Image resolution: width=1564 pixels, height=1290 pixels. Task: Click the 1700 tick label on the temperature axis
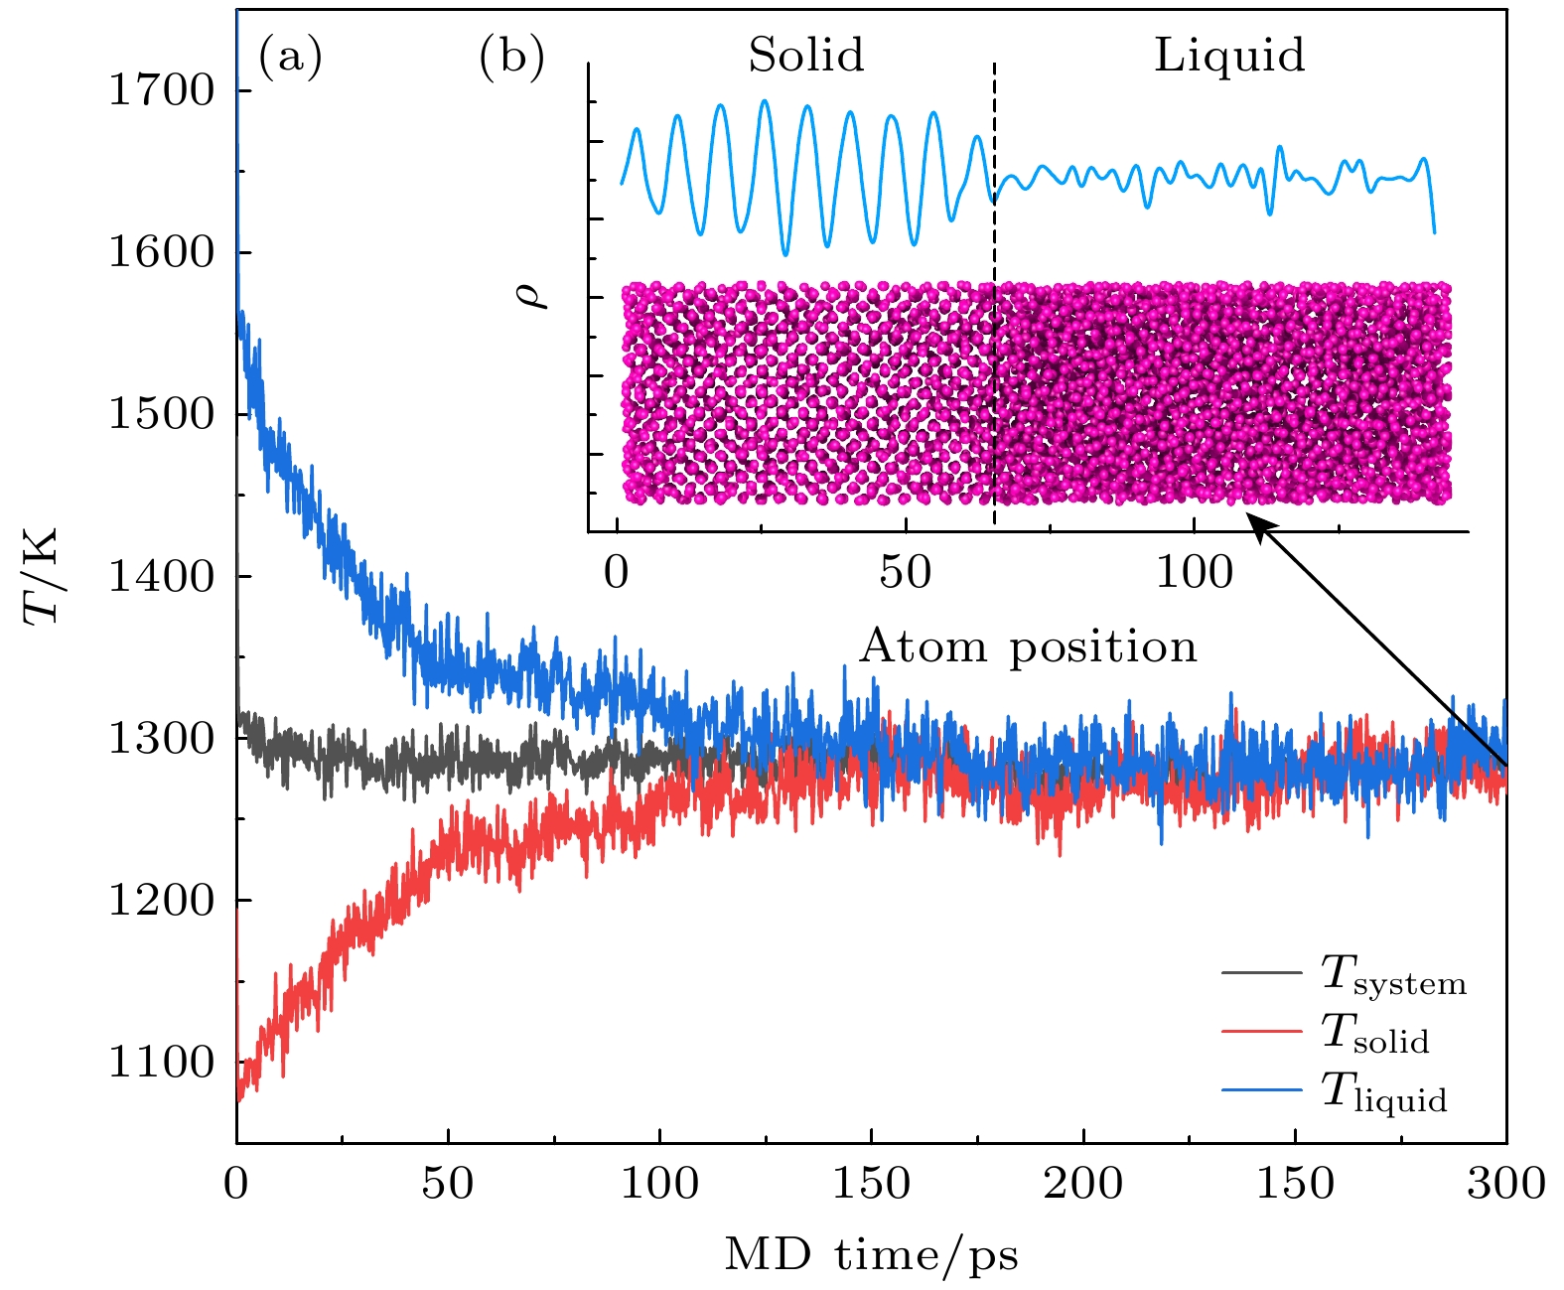pyautogui.click(x=162, y=91)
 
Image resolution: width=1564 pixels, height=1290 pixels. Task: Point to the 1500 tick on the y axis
pyautogui.click(x=162, y=414)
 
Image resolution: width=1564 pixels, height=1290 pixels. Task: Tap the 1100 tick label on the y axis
pyautogui.click(x=162, y=1063)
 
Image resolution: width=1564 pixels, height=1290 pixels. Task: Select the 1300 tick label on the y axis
pyautogui.click(x=162, y=738)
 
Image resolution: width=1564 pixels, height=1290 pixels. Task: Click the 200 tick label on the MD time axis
pyautogui.click(x=1082, y=1184)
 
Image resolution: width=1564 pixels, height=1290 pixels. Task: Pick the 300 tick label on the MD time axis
pyautogui.click(x=1505, y=1184)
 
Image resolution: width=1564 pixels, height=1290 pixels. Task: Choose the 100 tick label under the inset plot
pyautogui.click(x=1194, y=573)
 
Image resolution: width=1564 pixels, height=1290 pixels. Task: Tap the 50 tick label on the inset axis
pyautogui.click(x=905, y=573)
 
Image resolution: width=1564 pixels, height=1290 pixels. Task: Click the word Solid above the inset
pyautogui.click(x=805, y=56)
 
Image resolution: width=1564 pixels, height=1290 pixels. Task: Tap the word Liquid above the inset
pyautogui.click(x=1228, y=56)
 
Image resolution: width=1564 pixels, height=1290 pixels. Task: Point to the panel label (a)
pyautogui.click(x=290, y=57)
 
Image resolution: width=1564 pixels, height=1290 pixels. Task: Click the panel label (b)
pyautogui.click(x=511, y=57)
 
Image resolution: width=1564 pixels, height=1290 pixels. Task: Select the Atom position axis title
pyautogui.click(x=1028, y=647)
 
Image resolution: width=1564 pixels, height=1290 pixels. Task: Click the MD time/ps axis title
pyautogui.click(x=871, y=1255)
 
